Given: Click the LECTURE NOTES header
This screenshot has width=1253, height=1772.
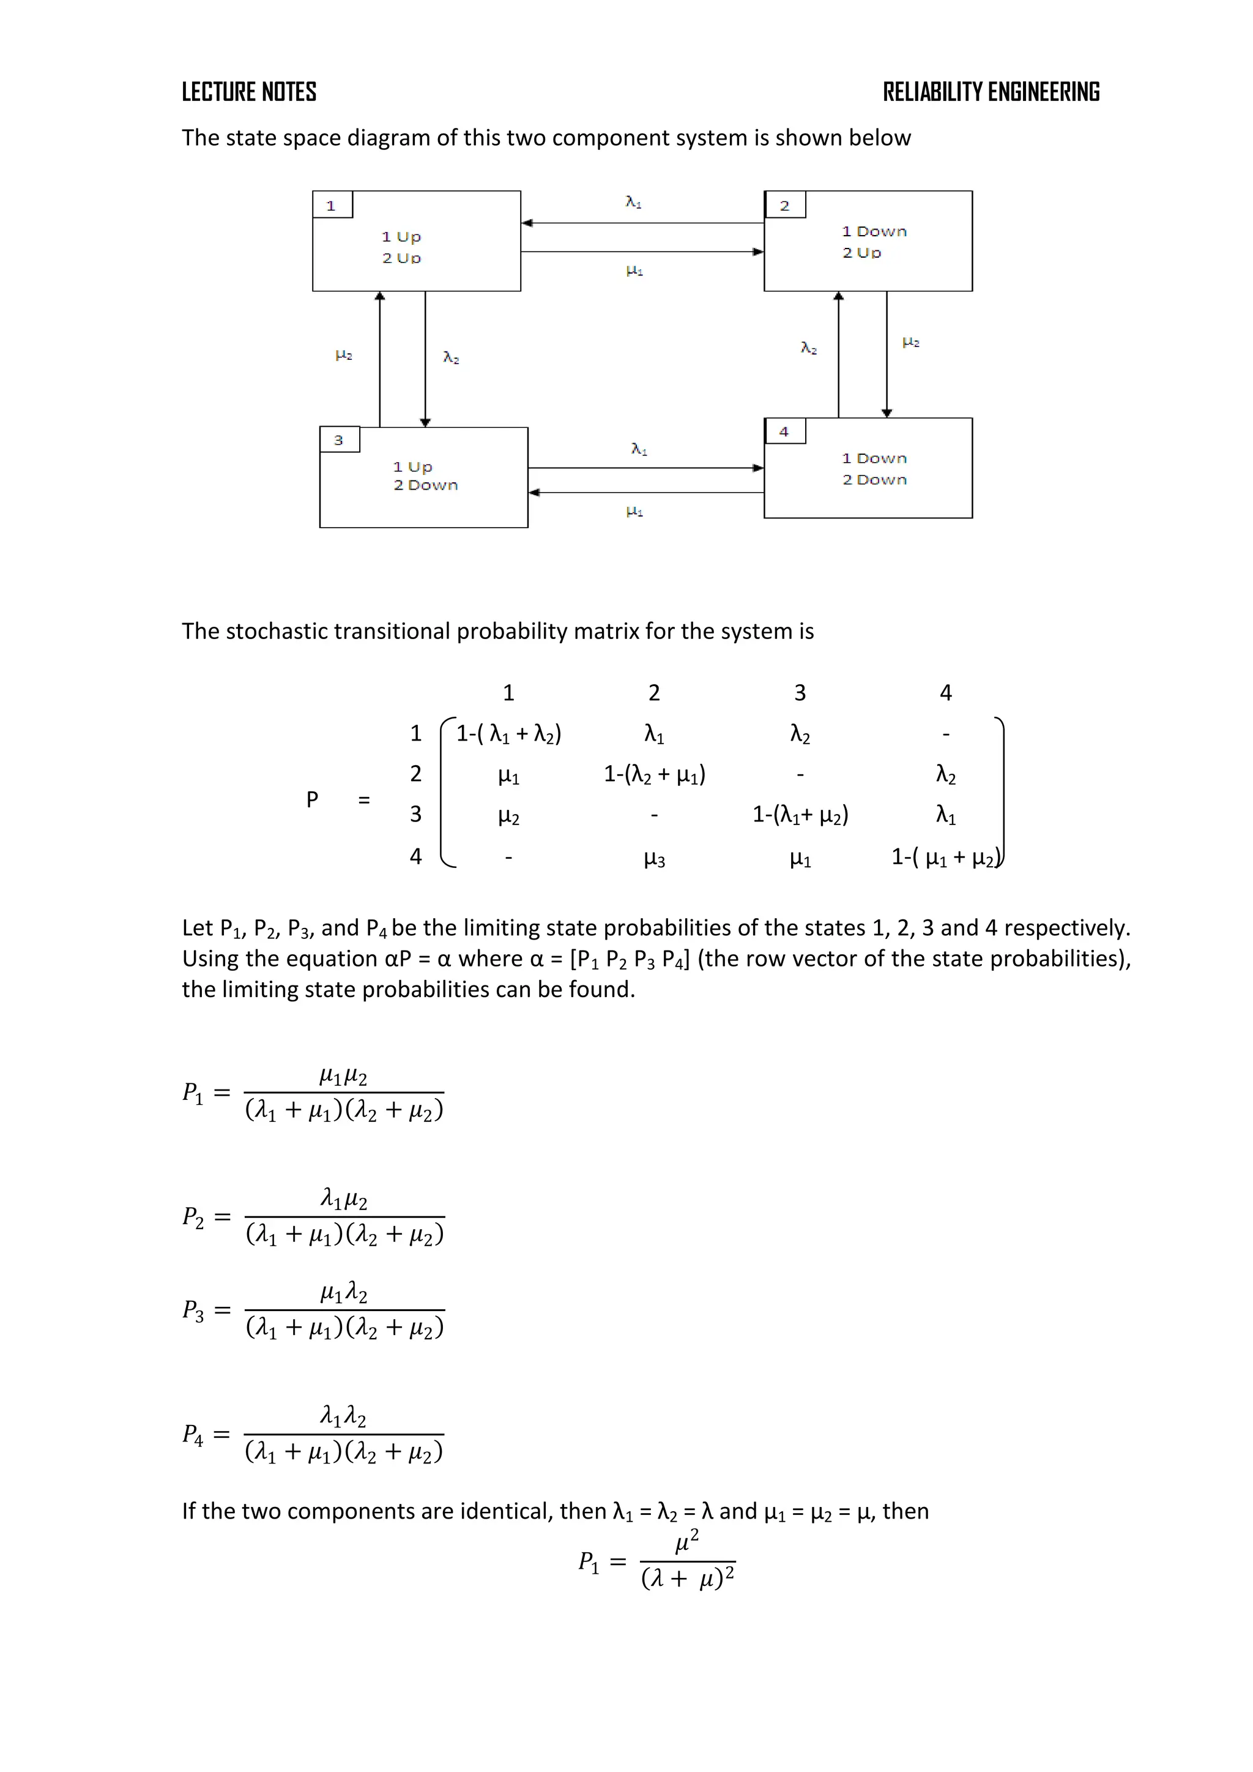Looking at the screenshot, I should click(248, 92).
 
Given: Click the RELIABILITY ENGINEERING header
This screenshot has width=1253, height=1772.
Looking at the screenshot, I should click(991, 92).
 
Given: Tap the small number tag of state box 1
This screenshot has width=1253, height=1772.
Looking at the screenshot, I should click(332, 205).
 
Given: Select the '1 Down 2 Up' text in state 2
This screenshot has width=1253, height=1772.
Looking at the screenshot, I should click(874, 242).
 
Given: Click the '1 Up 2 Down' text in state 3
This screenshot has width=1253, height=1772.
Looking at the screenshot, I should click(425, 476).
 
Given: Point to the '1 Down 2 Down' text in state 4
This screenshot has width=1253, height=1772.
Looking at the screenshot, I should click(874, 468).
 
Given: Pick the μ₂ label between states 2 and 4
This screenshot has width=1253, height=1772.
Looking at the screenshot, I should click(910, 342).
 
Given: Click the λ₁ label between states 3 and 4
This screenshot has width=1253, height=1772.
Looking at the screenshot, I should click(639, 449).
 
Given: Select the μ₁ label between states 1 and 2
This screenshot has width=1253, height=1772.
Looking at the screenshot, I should click(634, 270).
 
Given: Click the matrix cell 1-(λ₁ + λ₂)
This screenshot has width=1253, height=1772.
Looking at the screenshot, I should click(508, 733).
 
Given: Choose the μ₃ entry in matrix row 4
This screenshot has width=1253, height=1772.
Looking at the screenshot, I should click(653, 858).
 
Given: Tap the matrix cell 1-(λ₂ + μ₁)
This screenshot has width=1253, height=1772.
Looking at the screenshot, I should click(654, 774).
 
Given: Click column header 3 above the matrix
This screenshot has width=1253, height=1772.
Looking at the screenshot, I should click(800, 692).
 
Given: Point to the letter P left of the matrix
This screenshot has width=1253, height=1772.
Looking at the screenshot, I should click(311, 799).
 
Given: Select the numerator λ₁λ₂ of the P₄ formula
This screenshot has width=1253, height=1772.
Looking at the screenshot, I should click(343, 1416).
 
